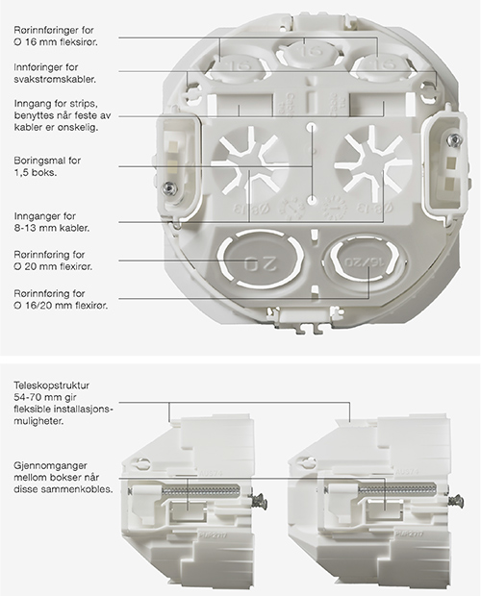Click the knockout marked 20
261,261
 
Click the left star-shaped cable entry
249,161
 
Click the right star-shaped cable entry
372,161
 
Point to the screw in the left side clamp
167,186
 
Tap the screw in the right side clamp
454,140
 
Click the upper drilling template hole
312,126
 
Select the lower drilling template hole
312,199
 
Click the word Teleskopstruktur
52,385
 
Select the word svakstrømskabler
55,80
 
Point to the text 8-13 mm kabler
52,229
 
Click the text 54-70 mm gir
42,398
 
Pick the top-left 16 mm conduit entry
240,68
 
